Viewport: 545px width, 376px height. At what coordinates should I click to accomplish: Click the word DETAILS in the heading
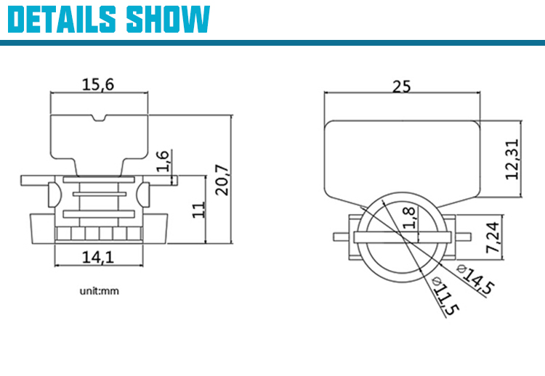tap(62, 19)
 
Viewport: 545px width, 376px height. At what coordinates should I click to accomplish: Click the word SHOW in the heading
tap(169, 19)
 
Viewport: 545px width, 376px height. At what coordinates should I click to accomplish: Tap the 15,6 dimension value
tap(97, 84)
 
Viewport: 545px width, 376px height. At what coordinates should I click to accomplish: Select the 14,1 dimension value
tap(97, 257)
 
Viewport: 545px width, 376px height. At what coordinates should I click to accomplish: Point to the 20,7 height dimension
tap(222, 180)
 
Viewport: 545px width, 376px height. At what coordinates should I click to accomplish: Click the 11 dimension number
tap(199, 210)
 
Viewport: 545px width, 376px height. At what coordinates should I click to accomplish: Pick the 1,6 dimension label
tap(163, 161)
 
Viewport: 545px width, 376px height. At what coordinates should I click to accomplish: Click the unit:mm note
tap(100, 291)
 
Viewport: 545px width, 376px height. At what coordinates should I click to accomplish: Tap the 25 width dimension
tap(401, 86)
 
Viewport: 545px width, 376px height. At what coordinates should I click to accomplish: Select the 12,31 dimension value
tap(512, 160)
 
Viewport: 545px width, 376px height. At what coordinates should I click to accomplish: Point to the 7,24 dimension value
tap(493, 237)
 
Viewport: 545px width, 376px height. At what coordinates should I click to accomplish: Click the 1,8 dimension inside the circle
tap(408, 218)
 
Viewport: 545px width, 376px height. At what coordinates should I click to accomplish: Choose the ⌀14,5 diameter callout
tap(476, 279)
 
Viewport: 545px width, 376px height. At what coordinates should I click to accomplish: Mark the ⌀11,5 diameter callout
tap(445, 296)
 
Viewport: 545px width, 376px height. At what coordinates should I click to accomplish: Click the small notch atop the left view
tap(99, 118)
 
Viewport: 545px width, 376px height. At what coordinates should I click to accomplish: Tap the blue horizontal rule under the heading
tap(272, 43)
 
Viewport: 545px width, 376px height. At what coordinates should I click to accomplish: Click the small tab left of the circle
tap(341, 237)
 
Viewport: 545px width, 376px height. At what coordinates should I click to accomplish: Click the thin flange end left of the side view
tap(34, 180)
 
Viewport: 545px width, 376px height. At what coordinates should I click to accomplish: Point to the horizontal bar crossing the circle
tap(403, 237)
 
